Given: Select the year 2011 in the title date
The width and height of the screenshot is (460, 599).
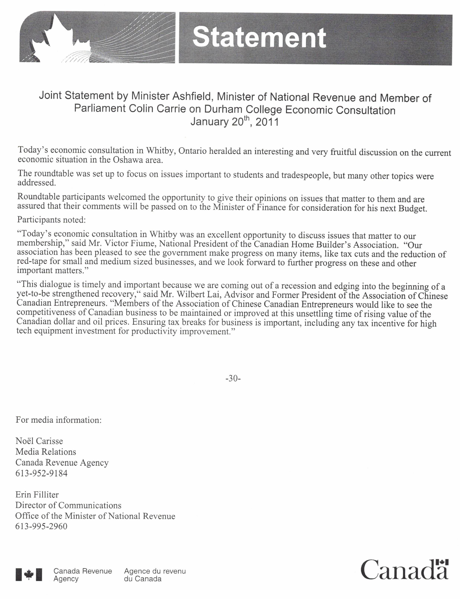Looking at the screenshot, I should [267, 122].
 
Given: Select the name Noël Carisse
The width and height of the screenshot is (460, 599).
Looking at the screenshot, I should [39, 441].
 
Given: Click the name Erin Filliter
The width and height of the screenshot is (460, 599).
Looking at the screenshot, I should [37, 495].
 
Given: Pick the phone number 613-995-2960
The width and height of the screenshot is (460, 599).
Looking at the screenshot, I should [41, 526].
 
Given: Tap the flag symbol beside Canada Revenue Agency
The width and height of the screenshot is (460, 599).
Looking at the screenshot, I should [29, 574].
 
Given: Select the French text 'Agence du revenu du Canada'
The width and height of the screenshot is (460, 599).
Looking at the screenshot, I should [155, 575].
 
